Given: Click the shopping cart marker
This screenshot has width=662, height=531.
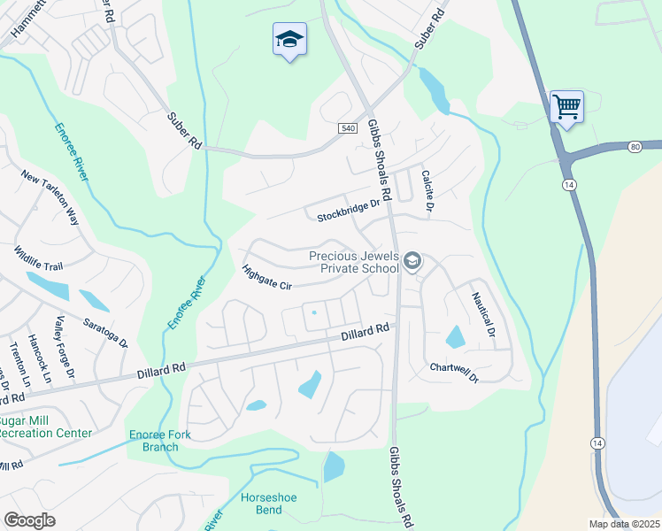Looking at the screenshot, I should pyautogui.click(x=566, y=107).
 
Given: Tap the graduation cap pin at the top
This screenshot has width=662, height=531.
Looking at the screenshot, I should pyautogui.click(x=289, y=40).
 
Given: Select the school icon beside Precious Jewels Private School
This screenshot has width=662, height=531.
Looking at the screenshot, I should pyautogui.click(x=412, y=261).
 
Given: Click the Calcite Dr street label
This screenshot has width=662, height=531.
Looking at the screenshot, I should pyautogui.click(x=427, y=190).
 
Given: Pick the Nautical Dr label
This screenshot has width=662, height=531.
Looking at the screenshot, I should pyautogui.click(x=482, y=314).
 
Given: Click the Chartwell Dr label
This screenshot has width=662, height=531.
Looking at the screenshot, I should pyautogui.click(x=453, y=373).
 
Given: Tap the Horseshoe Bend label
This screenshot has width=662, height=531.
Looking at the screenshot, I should pyautogui.click(x=269, y=504).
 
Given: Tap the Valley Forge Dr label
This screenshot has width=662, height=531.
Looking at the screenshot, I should pyautogui.click(x=66, y=349).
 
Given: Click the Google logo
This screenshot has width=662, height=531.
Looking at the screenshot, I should pyautogui.click(x=29, y=519).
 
